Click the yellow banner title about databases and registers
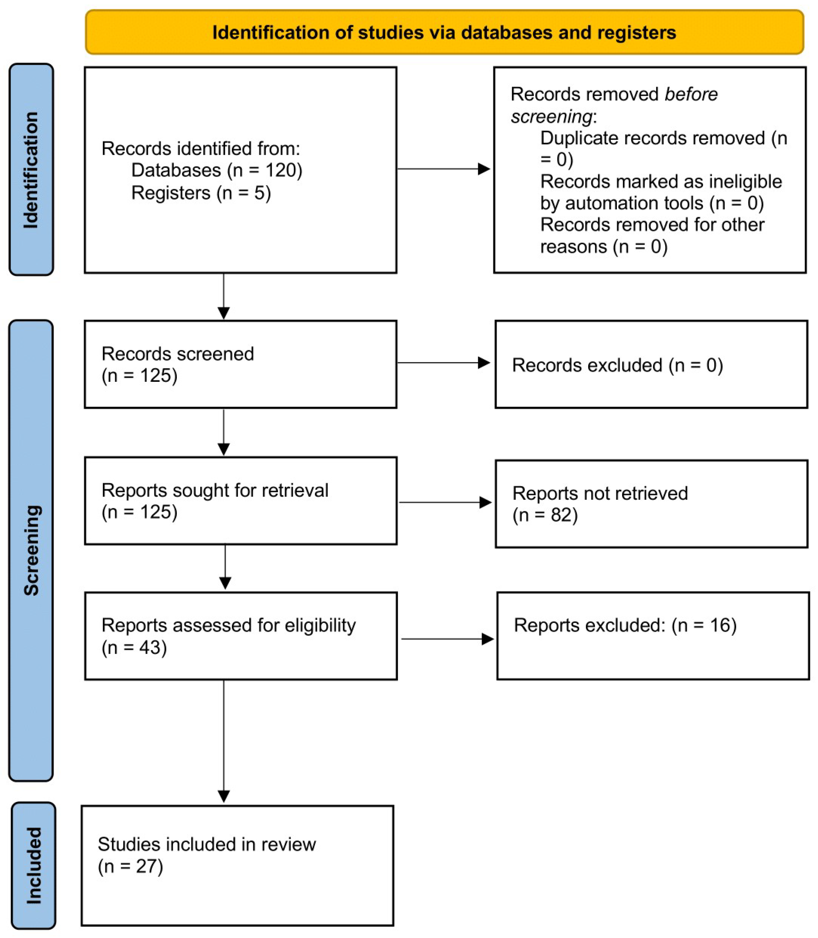[444, 33]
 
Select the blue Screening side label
[31, 550]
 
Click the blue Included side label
[33, 865]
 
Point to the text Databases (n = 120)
[216, 170]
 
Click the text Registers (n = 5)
[201, 193]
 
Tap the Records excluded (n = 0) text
[617, 365]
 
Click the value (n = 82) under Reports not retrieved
[545, 515]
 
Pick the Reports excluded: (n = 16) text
[625, 625]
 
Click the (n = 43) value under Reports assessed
[134, 648]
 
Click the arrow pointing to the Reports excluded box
[447, 639]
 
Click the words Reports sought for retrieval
[215, 490]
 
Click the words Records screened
[177, 354]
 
